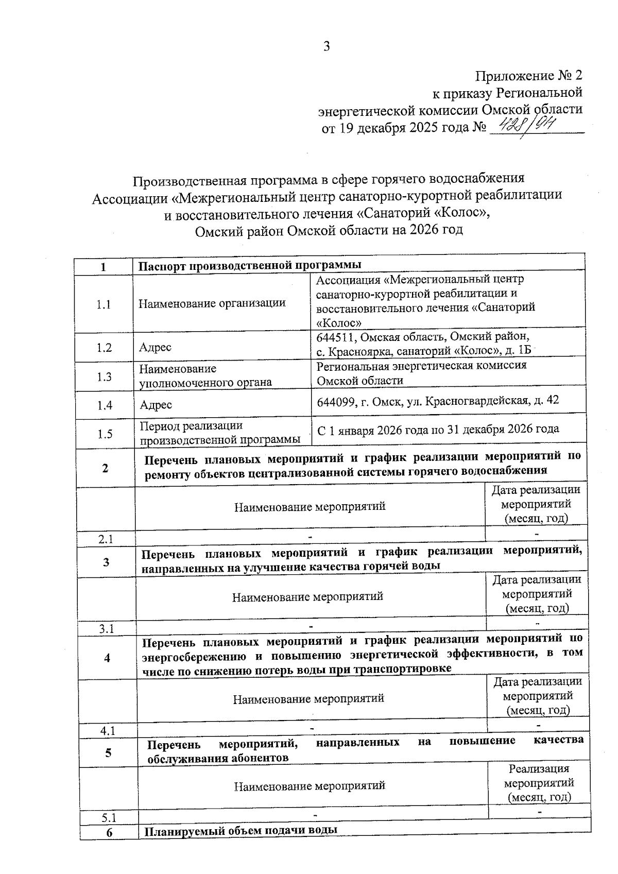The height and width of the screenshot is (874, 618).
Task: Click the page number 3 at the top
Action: pos(325,46)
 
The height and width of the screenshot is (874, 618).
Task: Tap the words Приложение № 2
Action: pos(528,76)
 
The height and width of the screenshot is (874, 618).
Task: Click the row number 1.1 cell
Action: pos(104,304)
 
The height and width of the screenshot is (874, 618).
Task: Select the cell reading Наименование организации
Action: pos(212,303)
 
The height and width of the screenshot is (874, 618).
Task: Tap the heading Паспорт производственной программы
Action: pos(250,265)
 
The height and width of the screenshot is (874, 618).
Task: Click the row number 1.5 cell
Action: pos(105,434)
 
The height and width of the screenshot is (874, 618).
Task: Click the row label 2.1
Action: pos(106,539)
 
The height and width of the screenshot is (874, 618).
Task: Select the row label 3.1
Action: pos(107,629)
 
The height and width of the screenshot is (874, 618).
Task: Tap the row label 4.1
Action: pos(108,730)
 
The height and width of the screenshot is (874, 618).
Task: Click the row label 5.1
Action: pos(109,818)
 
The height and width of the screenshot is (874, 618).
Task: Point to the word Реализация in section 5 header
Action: pos(539,769)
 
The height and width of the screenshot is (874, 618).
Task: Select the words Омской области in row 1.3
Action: pos(360,381)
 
